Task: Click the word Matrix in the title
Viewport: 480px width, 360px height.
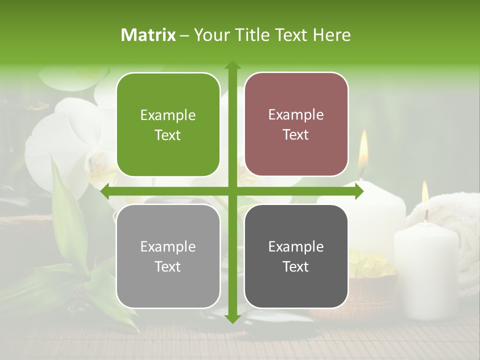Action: [x=148, y=35]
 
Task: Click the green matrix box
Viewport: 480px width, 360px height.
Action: [x=168, y=124]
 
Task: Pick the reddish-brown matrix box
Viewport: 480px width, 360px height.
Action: [x=296, y=124]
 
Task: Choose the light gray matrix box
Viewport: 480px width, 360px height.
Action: [x=168, y=256]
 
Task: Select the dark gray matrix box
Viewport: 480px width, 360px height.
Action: [x=296, y=256]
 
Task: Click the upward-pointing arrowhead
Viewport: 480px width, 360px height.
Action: [x=232, y=65]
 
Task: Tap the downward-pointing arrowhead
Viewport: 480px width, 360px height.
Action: [x=232, y=318]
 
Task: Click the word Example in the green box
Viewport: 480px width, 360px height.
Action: [x=168, y=115]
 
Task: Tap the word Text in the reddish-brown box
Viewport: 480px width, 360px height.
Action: [x=296, y=135]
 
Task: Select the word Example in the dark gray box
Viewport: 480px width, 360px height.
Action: [x=296, y=246]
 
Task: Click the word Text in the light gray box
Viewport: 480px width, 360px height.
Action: [x=168, y=267]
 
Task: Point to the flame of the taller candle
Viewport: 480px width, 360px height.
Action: [x=363, y=150]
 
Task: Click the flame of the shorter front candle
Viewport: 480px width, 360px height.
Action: [x=425, y=192]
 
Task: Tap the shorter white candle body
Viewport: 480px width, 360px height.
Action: [x=426, y=270]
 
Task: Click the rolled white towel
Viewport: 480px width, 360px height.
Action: [x=450, y=210]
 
